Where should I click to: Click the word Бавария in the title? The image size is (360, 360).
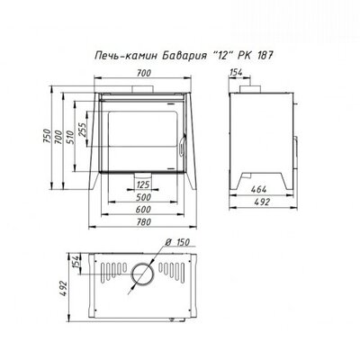(182, 56)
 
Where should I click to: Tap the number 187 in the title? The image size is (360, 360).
(265, 56)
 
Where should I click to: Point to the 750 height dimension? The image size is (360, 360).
(47, 137)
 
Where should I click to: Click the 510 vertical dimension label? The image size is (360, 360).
(69, 137)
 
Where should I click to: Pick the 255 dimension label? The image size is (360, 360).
(82, 129)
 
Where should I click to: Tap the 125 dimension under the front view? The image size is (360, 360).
(143, 184)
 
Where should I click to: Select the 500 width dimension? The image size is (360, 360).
(143, 197)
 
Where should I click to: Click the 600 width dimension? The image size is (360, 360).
(143, 210)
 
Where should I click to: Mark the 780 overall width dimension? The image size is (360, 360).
(143, 222)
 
